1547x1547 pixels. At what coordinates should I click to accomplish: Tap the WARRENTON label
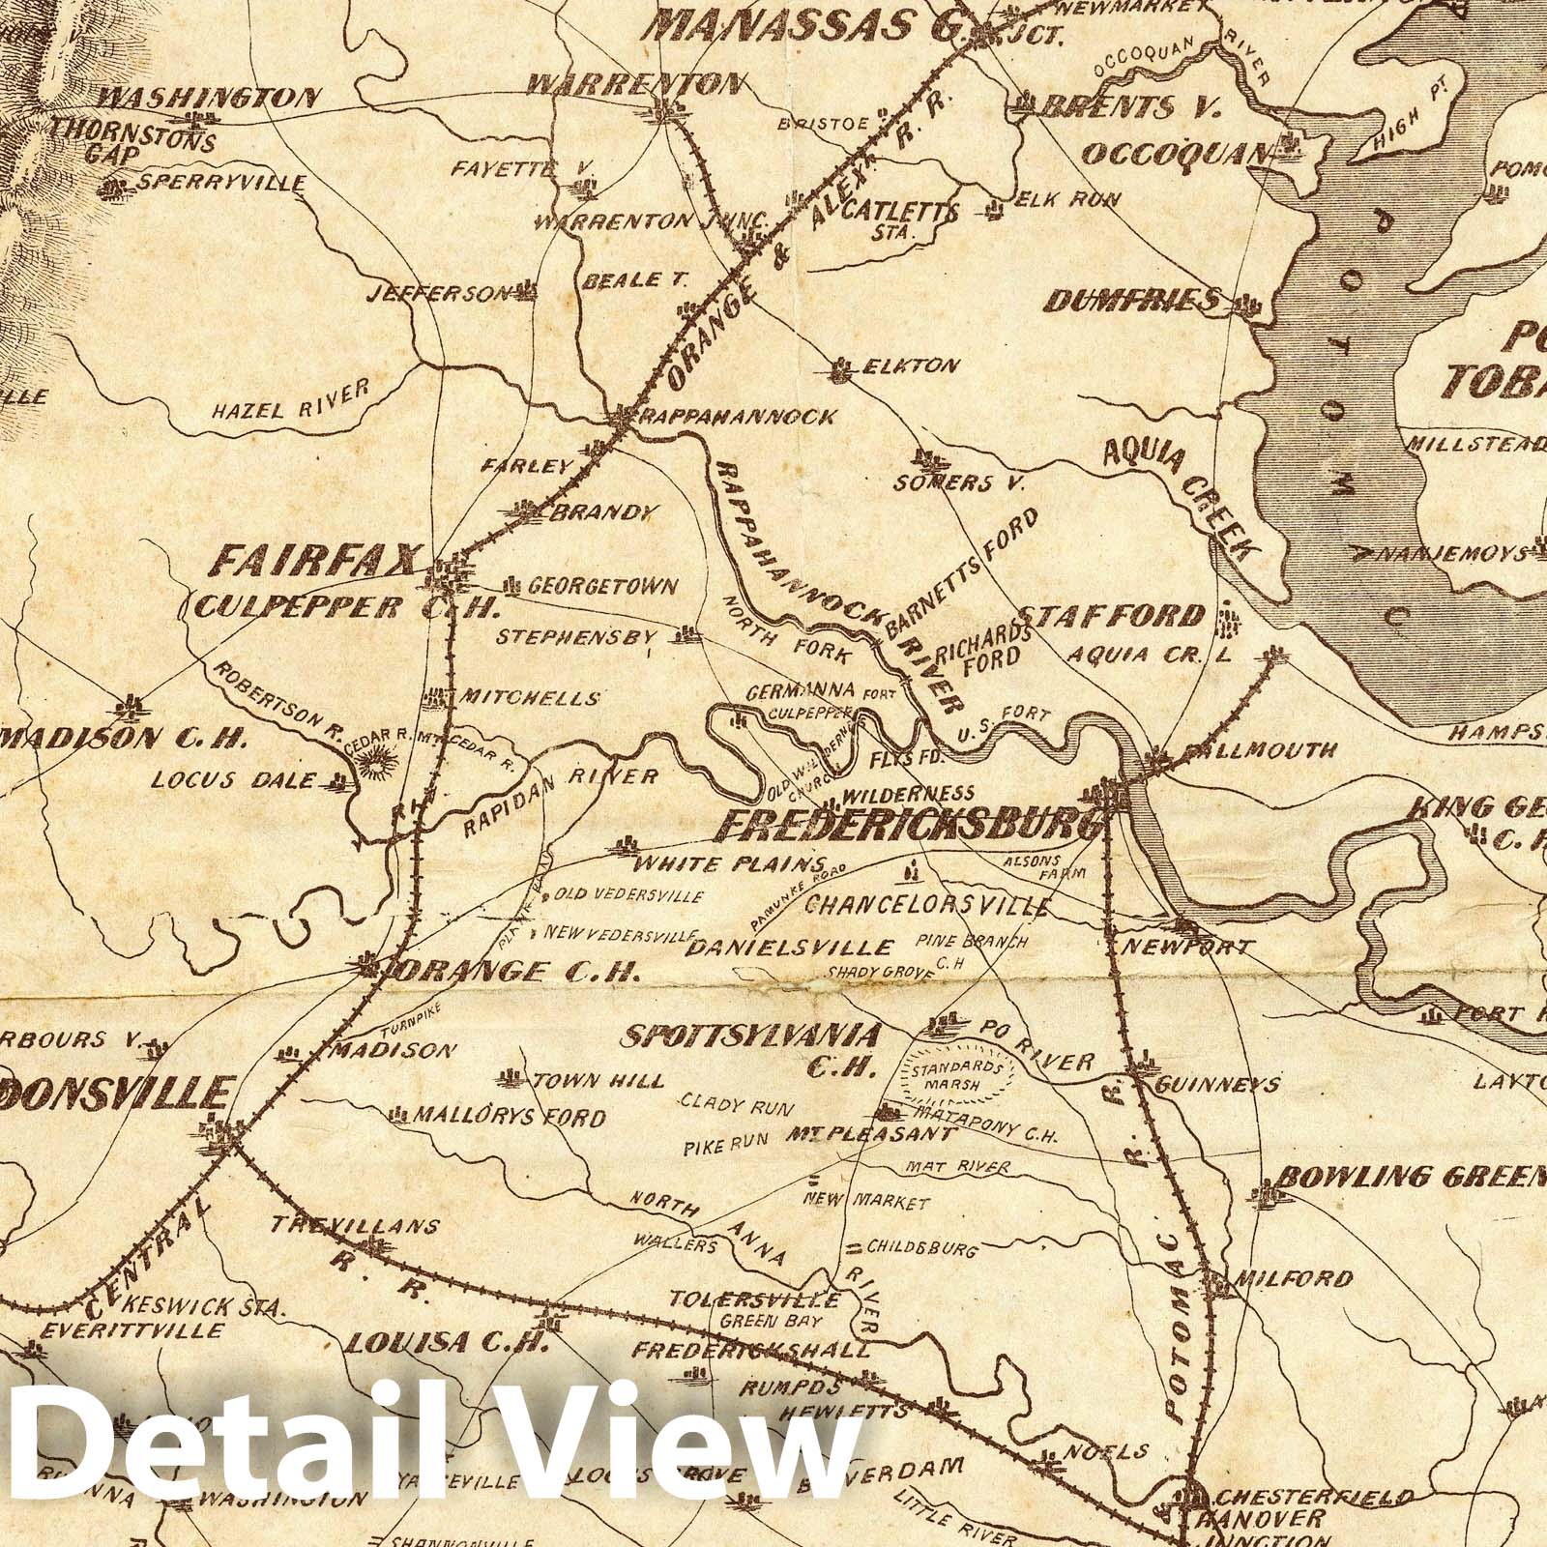click(x=635, y=85)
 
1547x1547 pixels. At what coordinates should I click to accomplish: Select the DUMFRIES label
click(x=1131, y=303)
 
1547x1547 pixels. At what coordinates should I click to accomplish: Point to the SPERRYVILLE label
click(x=222, y=183)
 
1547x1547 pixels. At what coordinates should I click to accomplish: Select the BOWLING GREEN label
click(x=1412, y=1178)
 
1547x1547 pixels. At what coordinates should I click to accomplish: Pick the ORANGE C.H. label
click(x=512, y=971)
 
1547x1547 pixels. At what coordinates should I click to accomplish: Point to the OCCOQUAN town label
click(x=1174, y=153)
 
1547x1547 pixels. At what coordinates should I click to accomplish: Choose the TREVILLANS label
click(x=355, y=1227)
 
